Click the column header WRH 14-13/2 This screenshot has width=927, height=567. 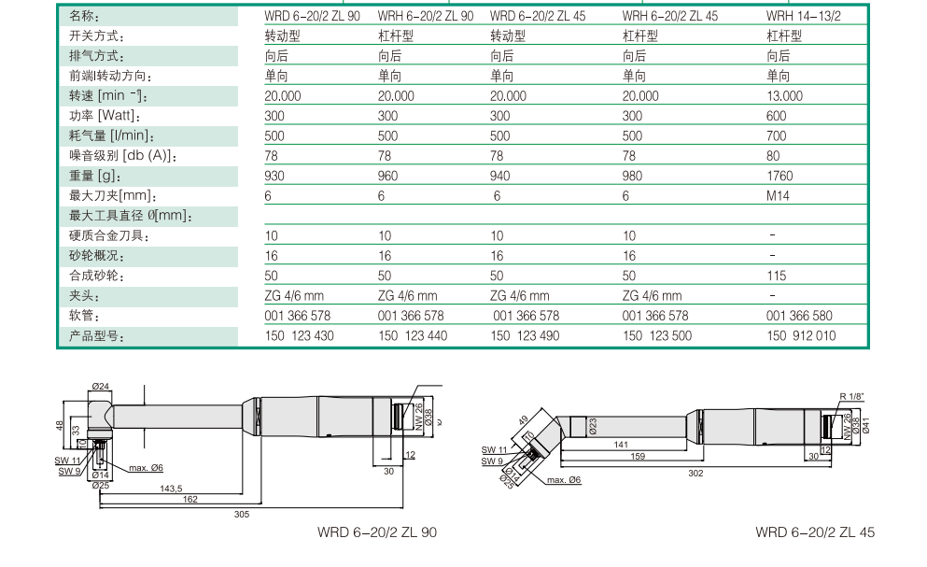click(803, 16)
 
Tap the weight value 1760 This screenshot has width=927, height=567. click(780, 176)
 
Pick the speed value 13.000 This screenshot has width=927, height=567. click(784, 96)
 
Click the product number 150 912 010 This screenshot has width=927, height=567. click(801, 335)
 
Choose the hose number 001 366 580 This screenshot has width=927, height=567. click(799, 316)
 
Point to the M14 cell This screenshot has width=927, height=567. click(779, 196)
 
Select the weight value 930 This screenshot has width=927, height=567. click(274, 176)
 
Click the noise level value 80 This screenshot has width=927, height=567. click(774, 156)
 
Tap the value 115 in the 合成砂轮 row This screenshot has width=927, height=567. click(776, 276)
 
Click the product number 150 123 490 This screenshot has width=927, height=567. click(525, 335)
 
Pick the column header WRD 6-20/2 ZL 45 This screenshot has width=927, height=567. click(538, 16)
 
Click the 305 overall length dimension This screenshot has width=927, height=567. click(242, 515)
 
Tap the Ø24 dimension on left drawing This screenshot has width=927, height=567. click(101, 387)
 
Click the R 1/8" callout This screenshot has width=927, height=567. click(851, 397)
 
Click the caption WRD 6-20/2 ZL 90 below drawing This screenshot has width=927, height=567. click(377, 532)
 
